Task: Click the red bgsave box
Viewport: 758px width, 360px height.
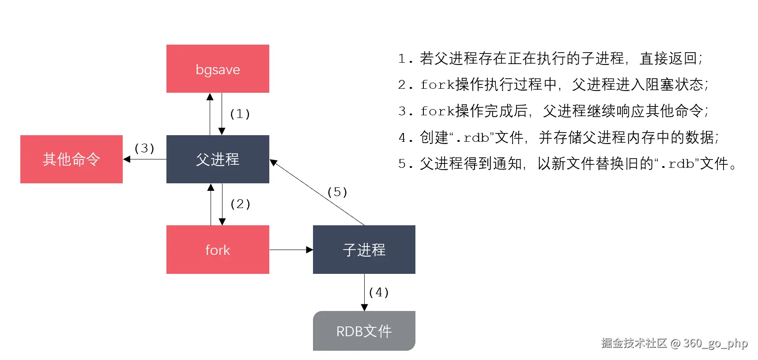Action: point(218,68)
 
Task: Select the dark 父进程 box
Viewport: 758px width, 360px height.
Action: point(218,159)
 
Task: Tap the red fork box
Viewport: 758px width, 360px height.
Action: point(218,250)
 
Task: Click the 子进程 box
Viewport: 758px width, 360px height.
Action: point(364,250)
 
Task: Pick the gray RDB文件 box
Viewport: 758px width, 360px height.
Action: point(364,331)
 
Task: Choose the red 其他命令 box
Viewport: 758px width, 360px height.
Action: point(72,159)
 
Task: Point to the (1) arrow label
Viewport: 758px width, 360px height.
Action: point(240,114)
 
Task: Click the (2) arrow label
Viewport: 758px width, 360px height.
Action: point(240,204)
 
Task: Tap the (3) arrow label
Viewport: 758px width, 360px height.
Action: point(144,148)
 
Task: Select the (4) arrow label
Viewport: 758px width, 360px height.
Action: point(378,292)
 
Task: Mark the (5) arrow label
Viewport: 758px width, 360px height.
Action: point(337,192)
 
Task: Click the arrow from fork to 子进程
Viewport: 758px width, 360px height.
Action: point(291,250)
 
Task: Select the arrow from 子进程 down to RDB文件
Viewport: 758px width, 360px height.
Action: point(364,292)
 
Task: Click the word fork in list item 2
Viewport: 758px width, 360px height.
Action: point(437,84)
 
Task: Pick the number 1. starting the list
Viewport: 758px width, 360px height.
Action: point(405,59)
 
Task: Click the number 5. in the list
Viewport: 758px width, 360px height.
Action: point(405,164)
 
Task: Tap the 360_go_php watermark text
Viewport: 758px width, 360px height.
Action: point(715,343)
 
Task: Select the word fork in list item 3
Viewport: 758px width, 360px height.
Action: point(437,111)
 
